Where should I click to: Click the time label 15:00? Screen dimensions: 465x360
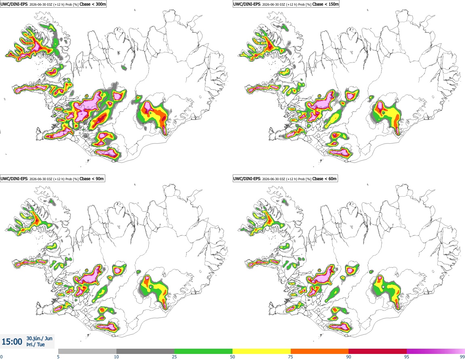tap(12, 342)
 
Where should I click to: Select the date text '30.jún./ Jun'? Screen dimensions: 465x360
tap(40, 338)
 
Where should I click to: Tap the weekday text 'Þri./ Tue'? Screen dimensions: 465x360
tap(35, 345)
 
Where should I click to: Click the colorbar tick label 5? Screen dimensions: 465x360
tap(58, 357)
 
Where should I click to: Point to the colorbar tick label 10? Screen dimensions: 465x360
tap(116, 357)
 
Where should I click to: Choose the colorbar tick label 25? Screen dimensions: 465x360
tap(174, 357)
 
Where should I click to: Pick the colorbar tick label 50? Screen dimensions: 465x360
tap(232, 357)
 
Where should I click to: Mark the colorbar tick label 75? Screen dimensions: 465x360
tap(291, 357)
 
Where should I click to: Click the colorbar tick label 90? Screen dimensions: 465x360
tap(349, 357)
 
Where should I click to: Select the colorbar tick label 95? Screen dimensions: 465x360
tap(407, 357)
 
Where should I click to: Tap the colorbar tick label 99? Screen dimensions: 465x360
tap(462, 357)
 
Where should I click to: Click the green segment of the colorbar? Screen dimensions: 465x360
tap(203, 351)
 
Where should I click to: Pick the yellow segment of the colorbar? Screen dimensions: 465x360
tap(262, 351)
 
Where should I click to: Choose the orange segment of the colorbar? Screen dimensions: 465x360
tap(320, 351)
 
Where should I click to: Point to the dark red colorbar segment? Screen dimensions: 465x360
tap(378, 351)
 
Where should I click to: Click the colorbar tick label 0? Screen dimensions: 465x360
tap(2, 357)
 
